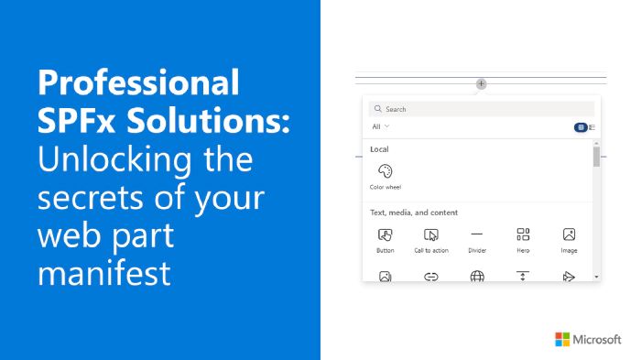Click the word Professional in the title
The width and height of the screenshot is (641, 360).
coord(138,83)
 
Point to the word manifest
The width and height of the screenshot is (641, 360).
coord(103,273)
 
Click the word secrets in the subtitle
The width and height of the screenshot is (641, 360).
coord(90,198)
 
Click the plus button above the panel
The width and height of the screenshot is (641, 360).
coord(481,84)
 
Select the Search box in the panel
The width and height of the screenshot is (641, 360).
coord(481,109)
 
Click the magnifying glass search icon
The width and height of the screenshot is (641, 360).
coord(377,109)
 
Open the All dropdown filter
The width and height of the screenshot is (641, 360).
coord(380,126)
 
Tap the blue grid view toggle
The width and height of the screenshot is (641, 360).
coord(581,127)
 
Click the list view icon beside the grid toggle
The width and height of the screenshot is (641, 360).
coord(592,127)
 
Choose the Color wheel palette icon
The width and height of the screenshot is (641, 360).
coord(386,171)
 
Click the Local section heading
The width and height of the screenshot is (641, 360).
coord(379,149)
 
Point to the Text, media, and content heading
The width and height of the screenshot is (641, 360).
coord(414,213)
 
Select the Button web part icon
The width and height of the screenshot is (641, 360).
coord(386,235)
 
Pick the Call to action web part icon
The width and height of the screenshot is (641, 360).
coord(431,235)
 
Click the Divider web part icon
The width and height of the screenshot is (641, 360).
coord(477,235)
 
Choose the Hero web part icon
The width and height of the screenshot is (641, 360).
coord(523,235)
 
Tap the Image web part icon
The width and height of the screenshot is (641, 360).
coord(569,235)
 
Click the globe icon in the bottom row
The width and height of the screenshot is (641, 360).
coord(477,277)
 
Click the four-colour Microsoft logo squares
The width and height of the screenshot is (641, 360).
coord(562,339)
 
